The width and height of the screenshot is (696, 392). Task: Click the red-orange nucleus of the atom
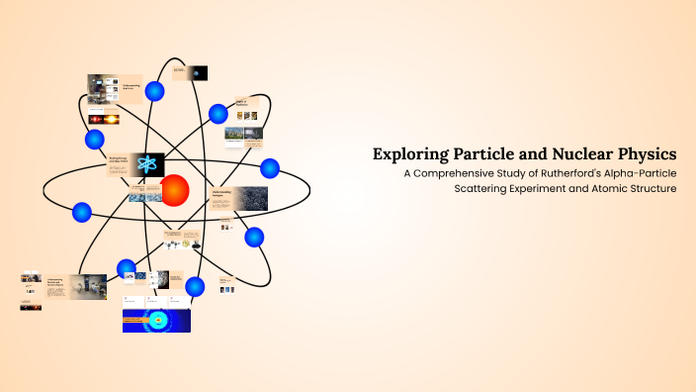click(175, 189)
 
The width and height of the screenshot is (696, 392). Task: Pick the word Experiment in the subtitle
click(555, 189)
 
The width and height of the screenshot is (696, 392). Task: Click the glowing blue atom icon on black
click(147, 165)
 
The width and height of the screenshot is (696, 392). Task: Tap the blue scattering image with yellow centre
click(156, 320)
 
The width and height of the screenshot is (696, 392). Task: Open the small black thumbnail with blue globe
click(199, 72)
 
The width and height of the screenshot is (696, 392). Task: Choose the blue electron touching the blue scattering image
click(196, 287)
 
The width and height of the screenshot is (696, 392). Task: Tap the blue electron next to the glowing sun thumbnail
click(95, 139)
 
